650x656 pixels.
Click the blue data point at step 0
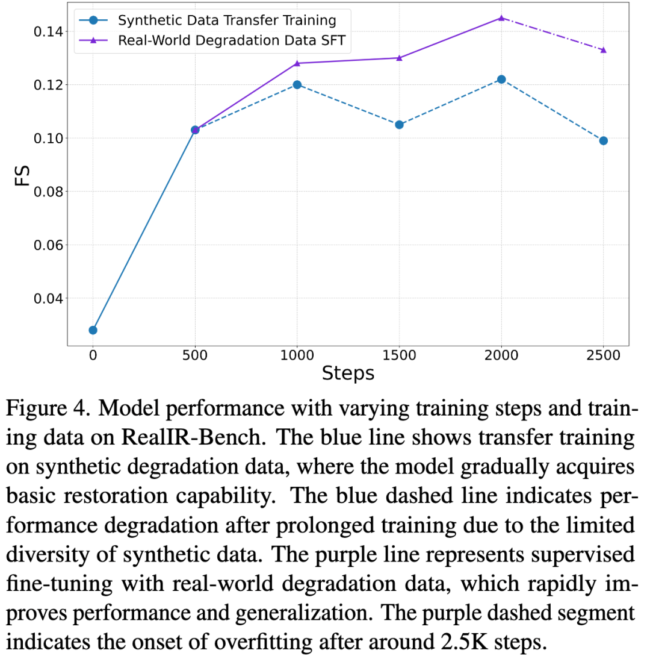(93, 330)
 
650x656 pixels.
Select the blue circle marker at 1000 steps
(297, 84)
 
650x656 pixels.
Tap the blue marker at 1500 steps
(399, 125)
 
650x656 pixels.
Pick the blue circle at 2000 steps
(501, 80)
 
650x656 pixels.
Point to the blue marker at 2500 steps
(603, 140)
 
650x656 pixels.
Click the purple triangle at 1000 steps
(297, 63)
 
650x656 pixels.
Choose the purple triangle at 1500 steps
(399, 58)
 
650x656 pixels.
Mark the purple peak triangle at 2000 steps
(501, 18)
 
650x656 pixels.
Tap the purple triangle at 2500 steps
(603, 50)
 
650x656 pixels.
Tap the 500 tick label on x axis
(194, 356)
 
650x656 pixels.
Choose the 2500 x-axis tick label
(603, 356)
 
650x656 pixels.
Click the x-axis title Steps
(348, 374)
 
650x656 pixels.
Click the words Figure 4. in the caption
(53, 410)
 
